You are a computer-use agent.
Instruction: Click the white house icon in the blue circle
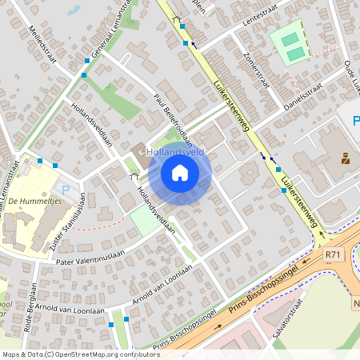tap(179, 172)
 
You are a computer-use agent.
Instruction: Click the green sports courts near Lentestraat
tap(290, 42)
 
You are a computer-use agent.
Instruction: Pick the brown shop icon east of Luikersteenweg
tap(346, 158)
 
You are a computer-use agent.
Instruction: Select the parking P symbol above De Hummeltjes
tap(66, 190)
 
